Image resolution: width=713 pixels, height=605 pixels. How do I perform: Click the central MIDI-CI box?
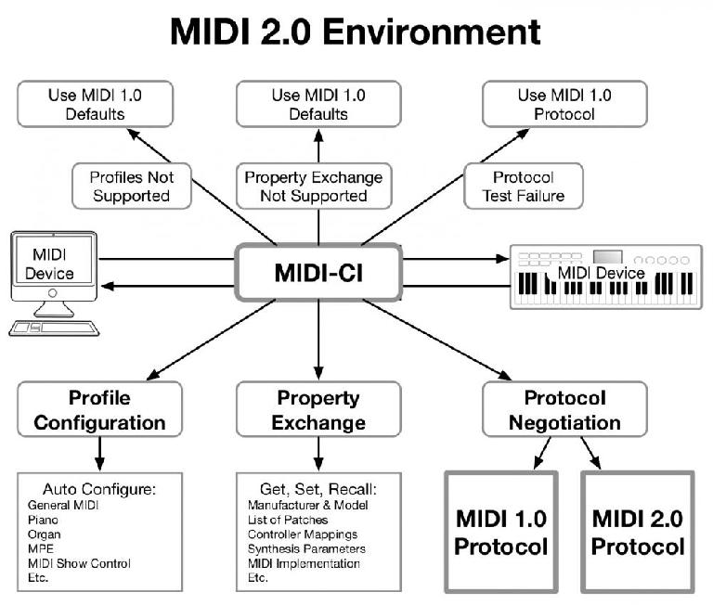pyautogui.click(x=318, y=272)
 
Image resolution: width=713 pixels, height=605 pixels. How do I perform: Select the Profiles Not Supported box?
pyautogui.click(x=132, y=186)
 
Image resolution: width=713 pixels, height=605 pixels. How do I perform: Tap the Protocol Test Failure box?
pyautogui.click(x=524, y=186)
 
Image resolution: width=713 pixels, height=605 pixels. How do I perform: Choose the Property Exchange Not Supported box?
pyautogui.click(x=314, y=186)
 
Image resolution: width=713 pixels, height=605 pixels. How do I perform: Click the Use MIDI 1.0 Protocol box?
pyautogui.click(x=564, y=104)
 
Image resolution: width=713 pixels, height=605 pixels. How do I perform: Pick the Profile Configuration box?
pyautogui.click(x=99, y=409)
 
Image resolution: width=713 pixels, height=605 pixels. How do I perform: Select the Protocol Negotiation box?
pyautogui.click(x=564, y=409)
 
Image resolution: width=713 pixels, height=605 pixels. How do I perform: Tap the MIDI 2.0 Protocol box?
pyautogui.click(x=638, y=532)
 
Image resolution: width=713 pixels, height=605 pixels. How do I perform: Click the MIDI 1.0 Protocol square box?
pyautogui.click(x=501, y=532)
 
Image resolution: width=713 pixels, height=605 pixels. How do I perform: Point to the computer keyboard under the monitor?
pyautogui.click(x=54, y=328)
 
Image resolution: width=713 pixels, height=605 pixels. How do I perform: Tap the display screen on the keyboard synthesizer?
pyautogui.click(x=607, y=257)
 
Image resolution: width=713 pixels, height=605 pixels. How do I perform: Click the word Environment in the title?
pyautogui.click(x=432, y=32)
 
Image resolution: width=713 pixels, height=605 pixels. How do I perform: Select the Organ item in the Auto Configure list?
pyautogui.click(x=45, y=534)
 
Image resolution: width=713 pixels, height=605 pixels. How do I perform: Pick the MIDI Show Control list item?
pyautogui.click(x=79, y=563)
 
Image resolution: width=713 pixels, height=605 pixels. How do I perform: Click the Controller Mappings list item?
pyautogui.click(x=303, y=534)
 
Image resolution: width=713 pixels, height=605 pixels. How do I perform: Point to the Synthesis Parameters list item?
pyautogui.click(x=306, y=549)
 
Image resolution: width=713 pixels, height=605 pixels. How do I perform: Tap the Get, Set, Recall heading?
pyautogui.click(x=318, y=489)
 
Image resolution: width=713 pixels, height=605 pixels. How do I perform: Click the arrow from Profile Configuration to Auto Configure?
pyautogui.click(x=99, y=454)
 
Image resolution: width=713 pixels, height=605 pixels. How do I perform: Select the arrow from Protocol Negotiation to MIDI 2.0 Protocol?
pyautogui.click(x=590, y=453)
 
